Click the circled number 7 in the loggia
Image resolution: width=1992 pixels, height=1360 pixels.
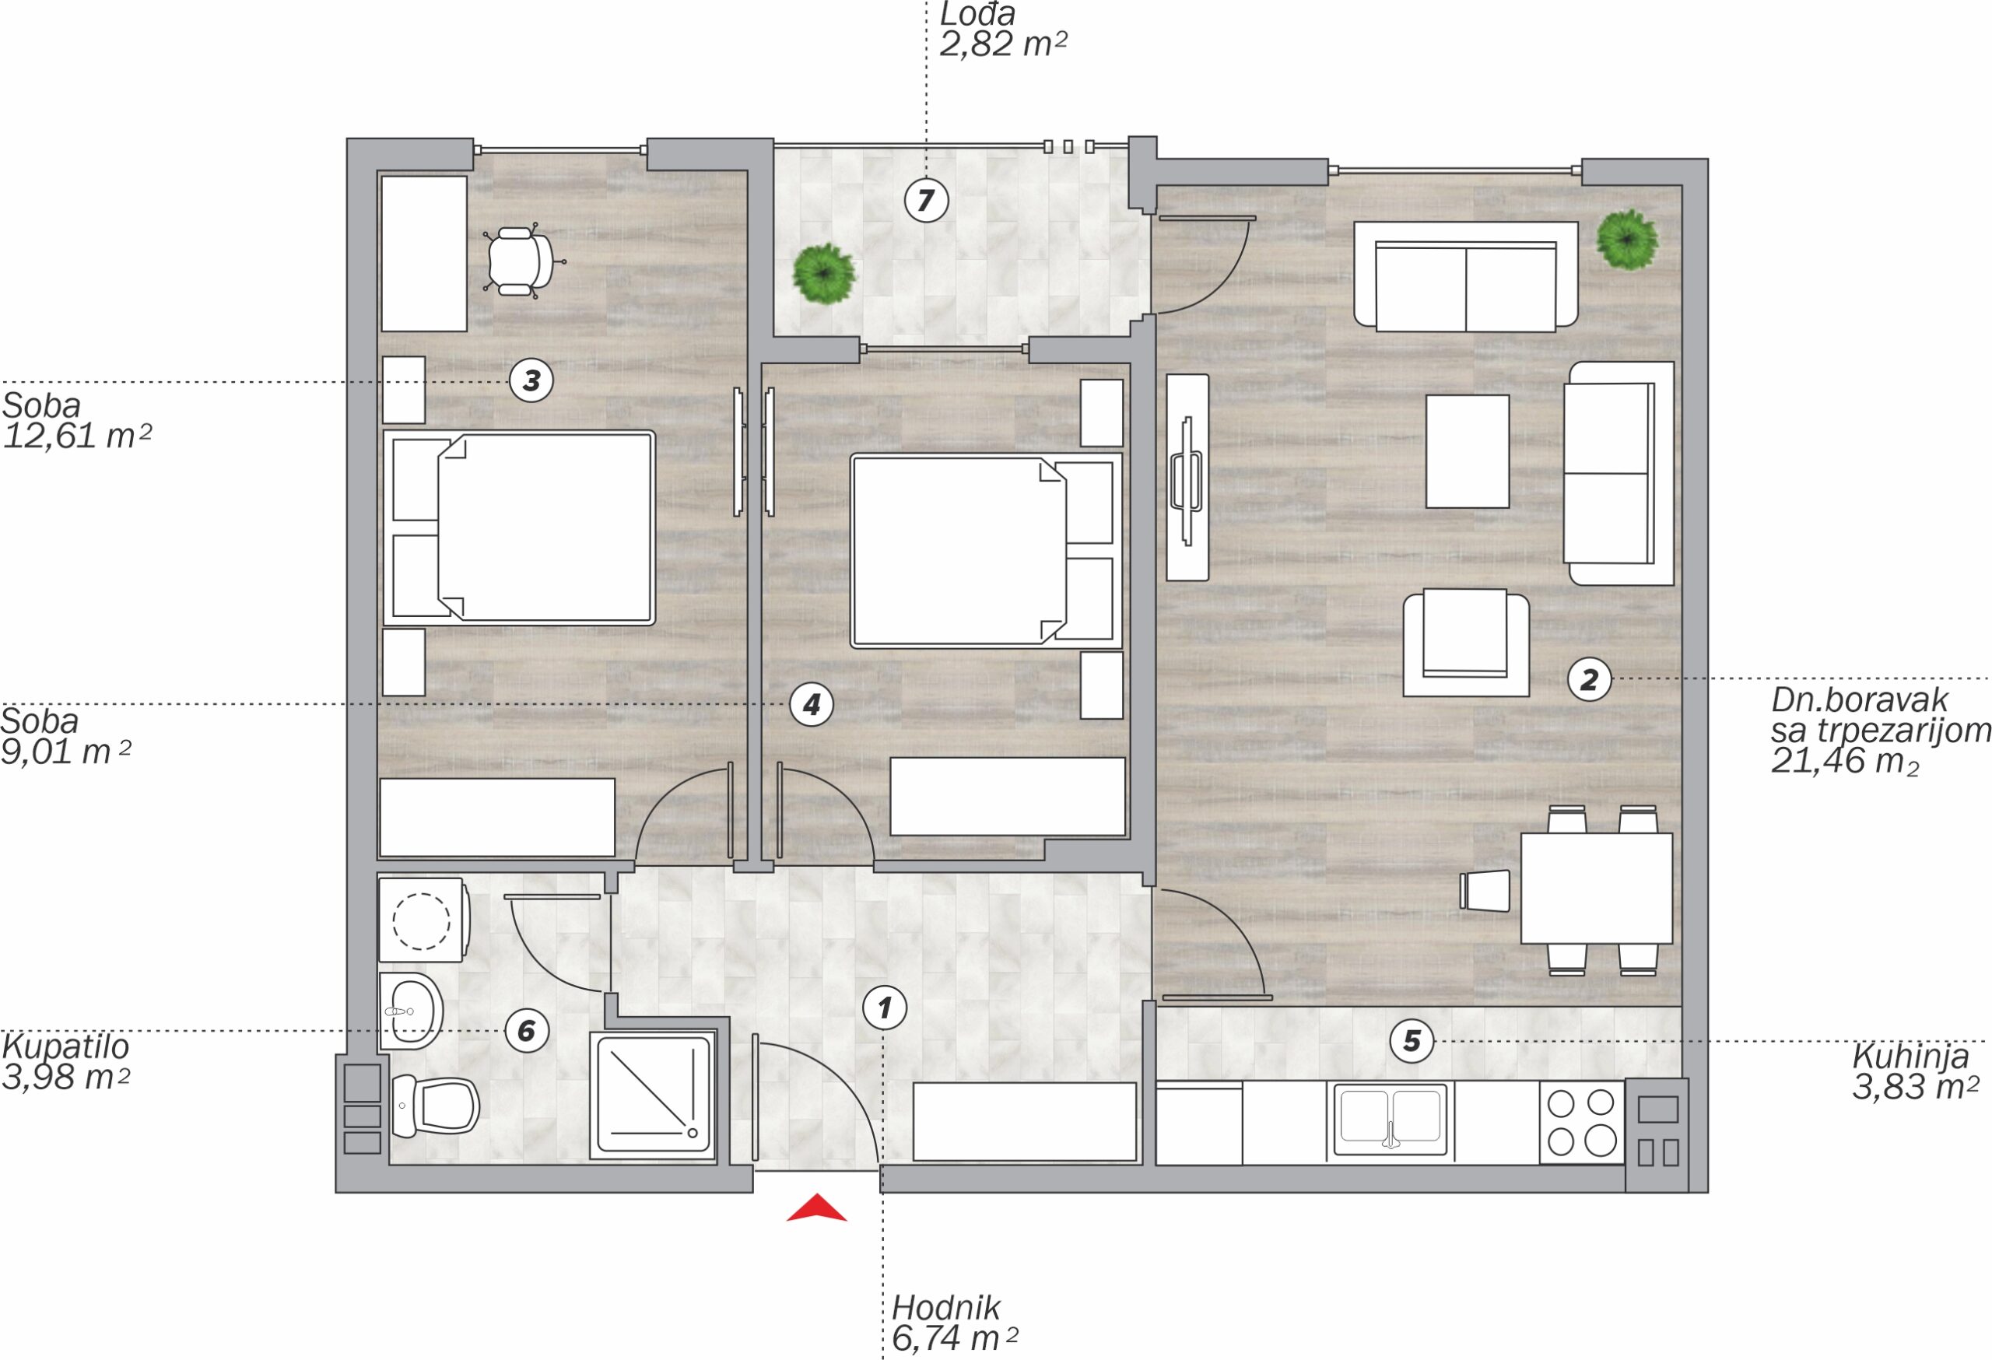point(926,201)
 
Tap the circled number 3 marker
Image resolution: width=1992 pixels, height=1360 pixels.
point(531,380)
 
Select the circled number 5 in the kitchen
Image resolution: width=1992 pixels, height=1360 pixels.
point(1412,1041)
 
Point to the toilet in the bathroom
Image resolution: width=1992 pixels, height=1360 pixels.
point(434,1106)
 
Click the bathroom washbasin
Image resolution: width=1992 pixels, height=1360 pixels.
point(411,1011)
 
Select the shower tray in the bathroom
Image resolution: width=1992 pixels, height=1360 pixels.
point(652,1097)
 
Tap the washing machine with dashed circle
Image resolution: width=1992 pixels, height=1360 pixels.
point(423,920)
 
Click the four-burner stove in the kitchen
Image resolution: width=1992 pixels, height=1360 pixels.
point(1581,1122)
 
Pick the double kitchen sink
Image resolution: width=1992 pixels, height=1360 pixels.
point(1391,1118)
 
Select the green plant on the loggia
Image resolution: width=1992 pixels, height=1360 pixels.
point(824,273)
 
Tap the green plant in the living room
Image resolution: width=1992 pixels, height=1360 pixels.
point(1627,240)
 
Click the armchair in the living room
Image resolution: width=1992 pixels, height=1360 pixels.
point(1466,643)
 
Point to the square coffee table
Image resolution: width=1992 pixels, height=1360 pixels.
point(1468,451)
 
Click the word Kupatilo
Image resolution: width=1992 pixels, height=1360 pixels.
point(65,1046)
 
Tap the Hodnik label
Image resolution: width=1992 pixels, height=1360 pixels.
point(945,1308)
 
